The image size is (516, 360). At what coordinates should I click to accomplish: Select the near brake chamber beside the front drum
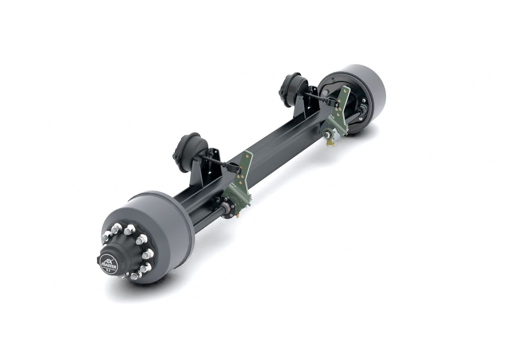point(190,152)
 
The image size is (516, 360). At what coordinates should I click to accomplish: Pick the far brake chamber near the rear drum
point(293,90)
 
